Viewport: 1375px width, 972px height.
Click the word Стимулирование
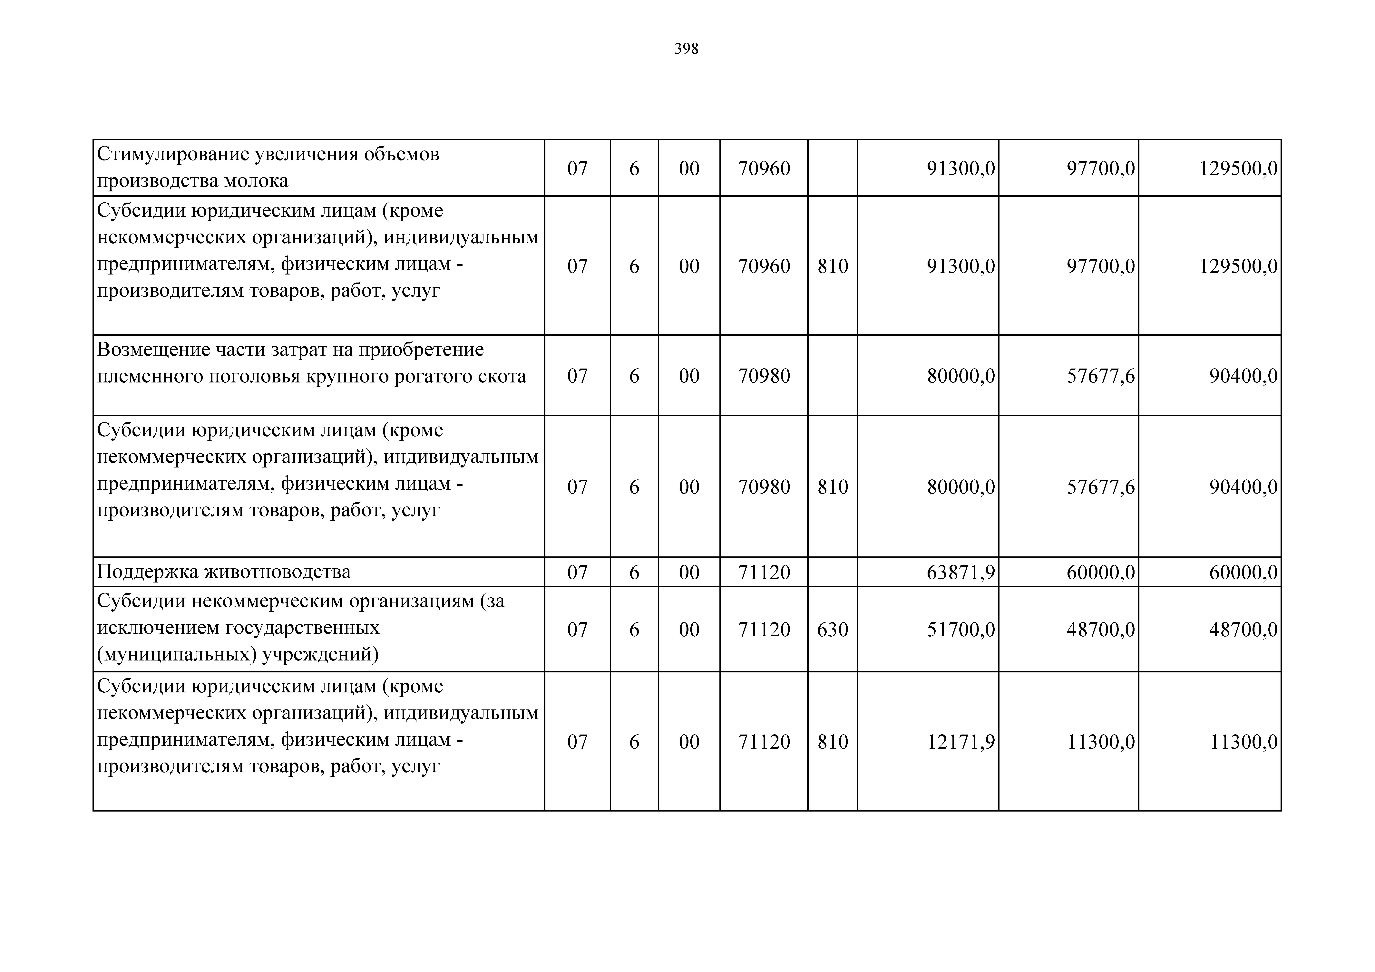pos(173,155)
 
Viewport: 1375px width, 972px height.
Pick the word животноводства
pos(278,572)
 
